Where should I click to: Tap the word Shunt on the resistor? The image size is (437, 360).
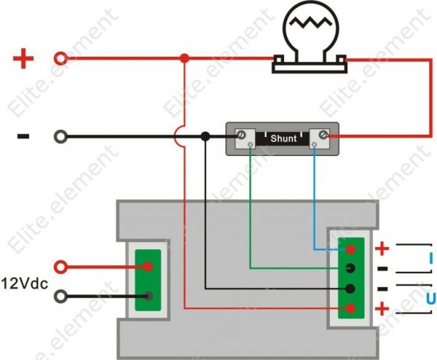point(283,137)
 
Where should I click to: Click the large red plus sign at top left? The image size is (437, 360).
point(24,58)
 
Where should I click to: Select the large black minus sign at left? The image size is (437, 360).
point(23,136)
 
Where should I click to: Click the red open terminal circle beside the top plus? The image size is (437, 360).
point(62,58)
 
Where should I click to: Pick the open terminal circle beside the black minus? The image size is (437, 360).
point(62,136)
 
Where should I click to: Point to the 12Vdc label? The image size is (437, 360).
point(28,282)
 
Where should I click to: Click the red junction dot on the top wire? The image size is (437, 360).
point(184,58)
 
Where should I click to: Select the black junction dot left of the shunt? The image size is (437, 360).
point(206,136)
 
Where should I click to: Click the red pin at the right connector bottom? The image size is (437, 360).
point(351,309)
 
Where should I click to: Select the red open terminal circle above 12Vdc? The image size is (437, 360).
point(62,267)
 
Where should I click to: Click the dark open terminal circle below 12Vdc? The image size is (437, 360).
point(62,296)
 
